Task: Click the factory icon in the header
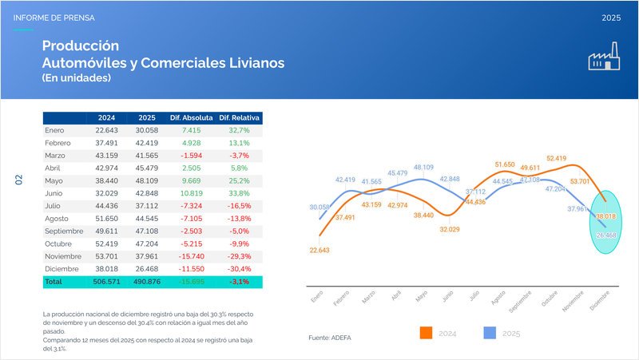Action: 605,58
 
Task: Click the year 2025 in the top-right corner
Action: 612,17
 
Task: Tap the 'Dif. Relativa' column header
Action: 240,117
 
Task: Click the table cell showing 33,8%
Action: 240,193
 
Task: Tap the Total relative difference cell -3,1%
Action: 240,282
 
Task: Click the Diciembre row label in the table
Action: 61,270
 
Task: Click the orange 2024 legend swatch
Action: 427,332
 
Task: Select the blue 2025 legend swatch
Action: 493,332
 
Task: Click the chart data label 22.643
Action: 319,250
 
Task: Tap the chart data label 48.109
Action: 423,168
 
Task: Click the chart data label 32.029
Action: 450,229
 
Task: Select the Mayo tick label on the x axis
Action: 421,296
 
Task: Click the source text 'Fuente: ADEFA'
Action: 329,338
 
